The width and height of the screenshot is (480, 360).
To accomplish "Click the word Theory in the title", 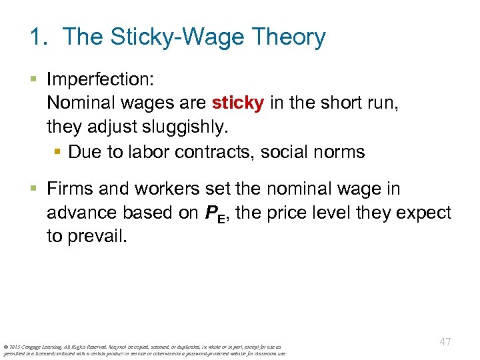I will point(288,37).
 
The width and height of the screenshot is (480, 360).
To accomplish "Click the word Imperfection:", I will point(101,80).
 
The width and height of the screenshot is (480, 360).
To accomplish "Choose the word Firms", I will point(70,189).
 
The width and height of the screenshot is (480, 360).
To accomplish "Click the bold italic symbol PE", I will point(215,214).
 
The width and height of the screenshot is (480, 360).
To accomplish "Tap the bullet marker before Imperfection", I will point(35,80).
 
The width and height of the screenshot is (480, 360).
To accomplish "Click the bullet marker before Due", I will point(57,151).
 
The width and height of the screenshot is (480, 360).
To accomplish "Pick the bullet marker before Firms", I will point(35,189).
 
